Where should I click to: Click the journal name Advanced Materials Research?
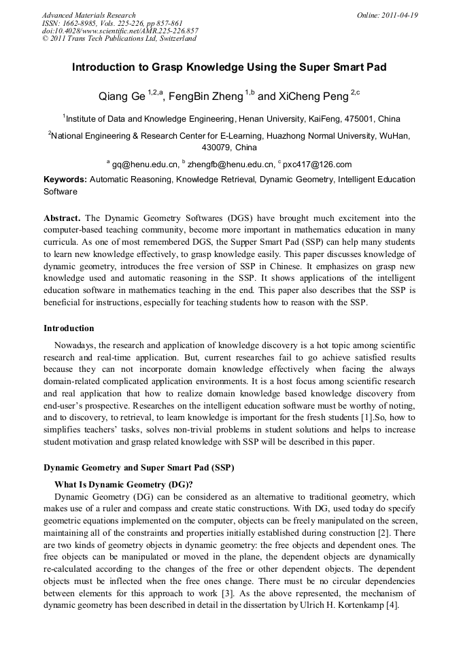[x=88, y=15]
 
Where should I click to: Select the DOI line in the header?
[x=120, y=31]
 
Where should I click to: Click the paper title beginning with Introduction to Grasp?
[x=230, y=68]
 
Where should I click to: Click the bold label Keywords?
[x=65, y=179]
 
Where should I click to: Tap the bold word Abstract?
[x=62, y=218]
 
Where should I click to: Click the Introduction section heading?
[x=69, y=328]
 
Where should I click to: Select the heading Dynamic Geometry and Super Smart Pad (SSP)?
[x=138, y=467]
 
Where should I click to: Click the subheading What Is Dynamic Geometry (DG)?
[x=124, y=485]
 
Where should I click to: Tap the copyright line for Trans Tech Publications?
[x=119, y=39]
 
